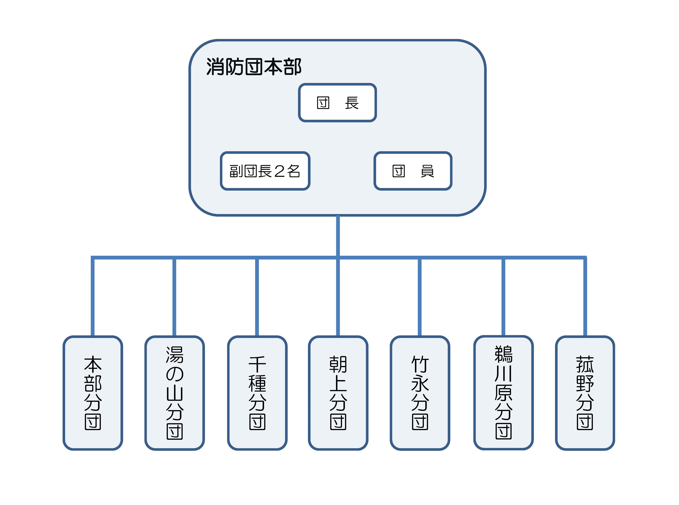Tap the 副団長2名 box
pyautogui.click(x=265, y=171)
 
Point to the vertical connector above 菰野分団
pyautogui.click(x=585, y=297)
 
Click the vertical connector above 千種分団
pyautogui.click(x=257, y=297)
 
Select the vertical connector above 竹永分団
pyautogui.click(x=420, y=297)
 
